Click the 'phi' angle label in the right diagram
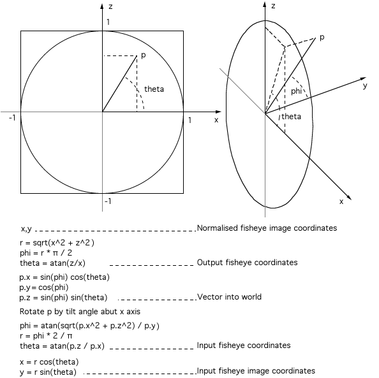pyautogui.click(x=296, y=91)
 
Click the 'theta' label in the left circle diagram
pyautogui.click(x=154, y=89)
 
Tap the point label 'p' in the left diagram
pyautogui.click(x=144, y=55)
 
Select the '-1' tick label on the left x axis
pyautogui.click(x=12, y=118)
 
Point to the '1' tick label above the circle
pyautogui.click(x=108, y=22)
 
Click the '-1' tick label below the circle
pyautogui.click(x=108, y=201)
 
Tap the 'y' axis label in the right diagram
pyautogui.click(x=365, y=86)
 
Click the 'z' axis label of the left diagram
pyautogui.click(x=110, y=6)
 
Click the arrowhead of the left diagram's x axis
pyautogui.click(x=218, y=112)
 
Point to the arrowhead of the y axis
pyautogui.click(x=363, y=79)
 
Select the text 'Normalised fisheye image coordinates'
pyautogui.click(x=267, y=228)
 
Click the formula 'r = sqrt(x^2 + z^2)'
pyautogui.click(x=57, y=242)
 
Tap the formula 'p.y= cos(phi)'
pyautogui.click(x=44, y=287)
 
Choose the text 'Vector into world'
pyautogui.click(x=230, y=297)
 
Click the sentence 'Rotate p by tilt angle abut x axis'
pyautogui.click(x=80, y=312)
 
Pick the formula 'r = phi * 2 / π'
pyautogui.click(x=46, y=336)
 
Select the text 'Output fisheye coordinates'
pyautogui.click(x=248, y=263)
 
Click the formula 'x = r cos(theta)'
pyautogui.click(x=49, y=362)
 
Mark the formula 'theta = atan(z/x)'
pyautogui.click(x=53, y=263)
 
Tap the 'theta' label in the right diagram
pyautogui.click(x=291, y=117)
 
